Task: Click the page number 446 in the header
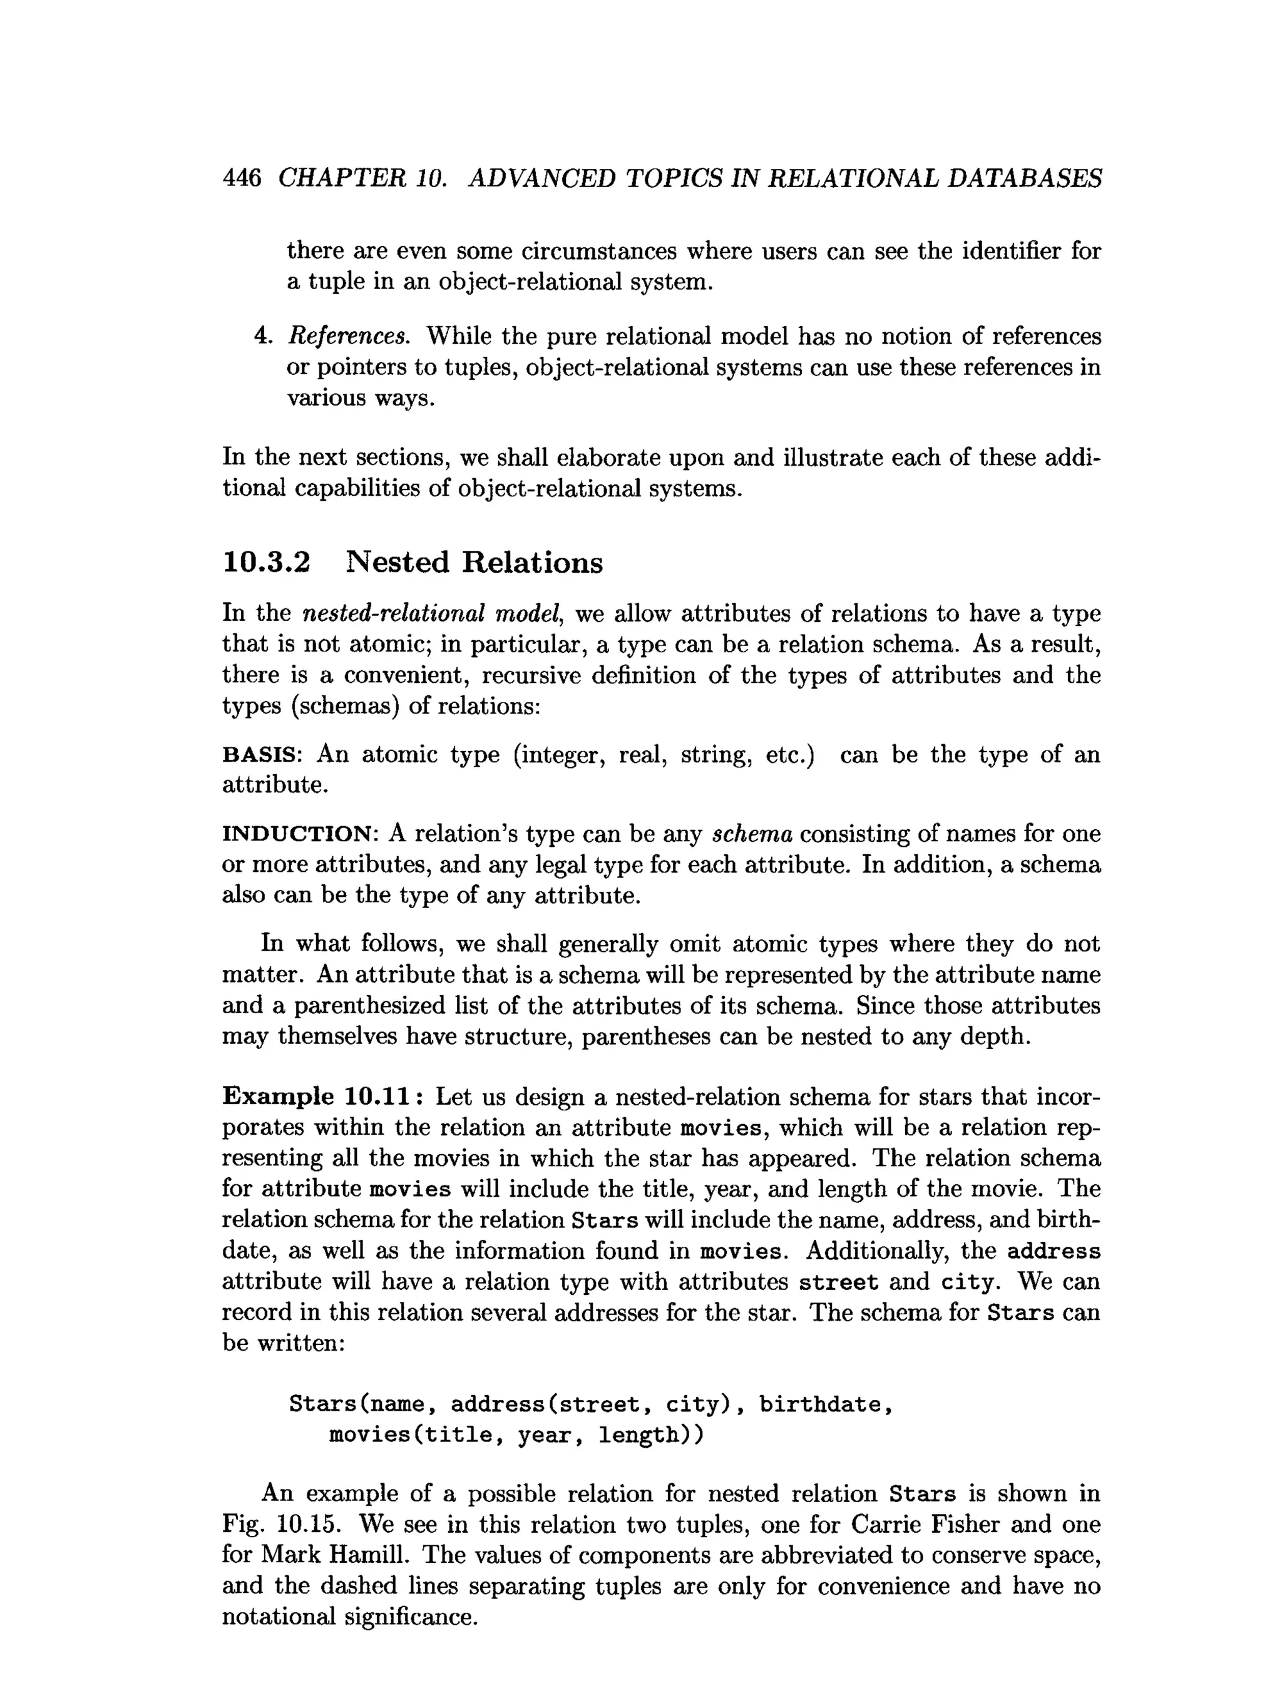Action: point(241,178)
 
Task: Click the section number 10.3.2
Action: point(267,563)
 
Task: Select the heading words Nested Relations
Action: point(474,563)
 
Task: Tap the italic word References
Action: point(348,336)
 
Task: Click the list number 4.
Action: point(262,336)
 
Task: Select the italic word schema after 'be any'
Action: point(752,834)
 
